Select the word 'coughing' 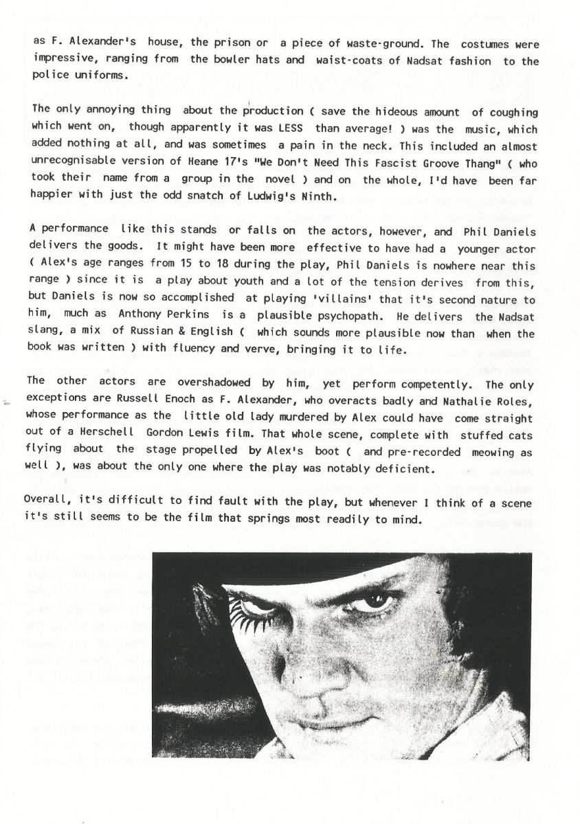[513, 111]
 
